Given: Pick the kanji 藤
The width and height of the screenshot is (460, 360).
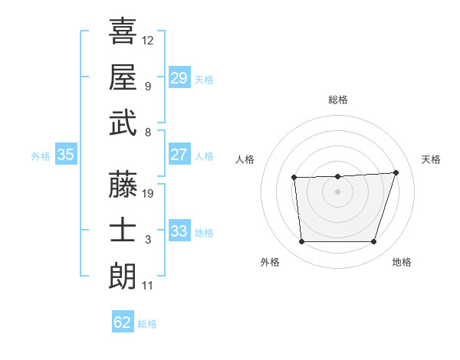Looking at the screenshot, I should pyautogui.click(x=123, y=184).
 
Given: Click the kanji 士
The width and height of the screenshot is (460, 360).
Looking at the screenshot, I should pyautogui.click(x=123, y=230).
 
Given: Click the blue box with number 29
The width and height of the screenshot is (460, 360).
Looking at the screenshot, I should pyautogui.click(x=179, y=78).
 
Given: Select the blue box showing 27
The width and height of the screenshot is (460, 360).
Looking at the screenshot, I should pyautogui.click(x=179, y=155).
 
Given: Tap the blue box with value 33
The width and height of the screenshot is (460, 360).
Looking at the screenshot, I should pyautogui.click(x=179, y=231).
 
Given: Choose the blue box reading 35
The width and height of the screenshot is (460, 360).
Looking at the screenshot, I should pyautogui.click(x=65, y=155).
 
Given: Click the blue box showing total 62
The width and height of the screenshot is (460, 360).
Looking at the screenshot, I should pyautogui.click(x=122, y=322).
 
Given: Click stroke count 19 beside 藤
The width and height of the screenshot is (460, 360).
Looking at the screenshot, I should pyautogui.click(x=148, y=194).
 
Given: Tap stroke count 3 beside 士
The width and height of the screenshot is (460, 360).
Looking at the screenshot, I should pyautogui.click(x=148, y=240).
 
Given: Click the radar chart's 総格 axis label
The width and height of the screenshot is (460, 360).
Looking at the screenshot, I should pyautogui.click(x=338, y=100).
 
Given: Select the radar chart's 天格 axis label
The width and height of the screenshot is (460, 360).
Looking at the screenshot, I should pyautogui.click(x=432, y=159).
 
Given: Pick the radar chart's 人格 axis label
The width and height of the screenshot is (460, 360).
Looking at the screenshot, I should pyautogui.click(x=245, y=159).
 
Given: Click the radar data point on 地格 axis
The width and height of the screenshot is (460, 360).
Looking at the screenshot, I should pyautogui.click(x=373, y=242).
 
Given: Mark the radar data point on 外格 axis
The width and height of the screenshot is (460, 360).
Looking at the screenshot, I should pyautogui.click(x=302, y=242).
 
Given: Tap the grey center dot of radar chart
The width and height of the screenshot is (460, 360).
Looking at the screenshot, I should pyautogui.click(x=338, y=192).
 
